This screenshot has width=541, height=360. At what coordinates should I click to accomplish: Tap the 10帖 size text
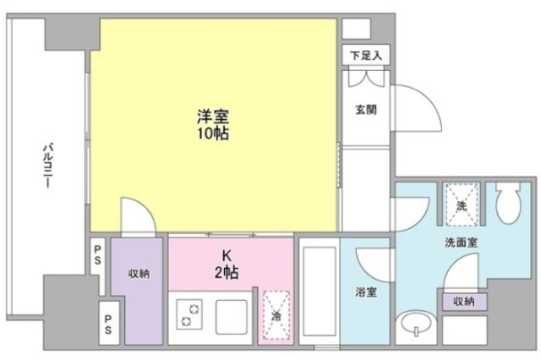(x=213, y=134)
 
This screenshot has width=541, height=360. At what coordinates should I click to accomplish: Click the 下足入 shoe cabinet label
(x=366, y=55)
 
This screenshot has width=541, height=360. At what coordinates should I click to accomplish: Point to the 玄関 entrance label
(x=365, y=109)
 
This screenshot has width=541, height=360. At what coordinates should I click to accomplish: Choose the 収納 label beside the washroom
(x=462, y=301)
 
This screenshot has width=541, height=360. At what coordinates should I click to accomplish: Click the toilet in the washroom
(x=510, y=202)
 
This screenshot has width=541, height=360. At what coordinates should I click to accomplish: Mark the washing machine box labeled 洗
(x=461, y=203)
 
